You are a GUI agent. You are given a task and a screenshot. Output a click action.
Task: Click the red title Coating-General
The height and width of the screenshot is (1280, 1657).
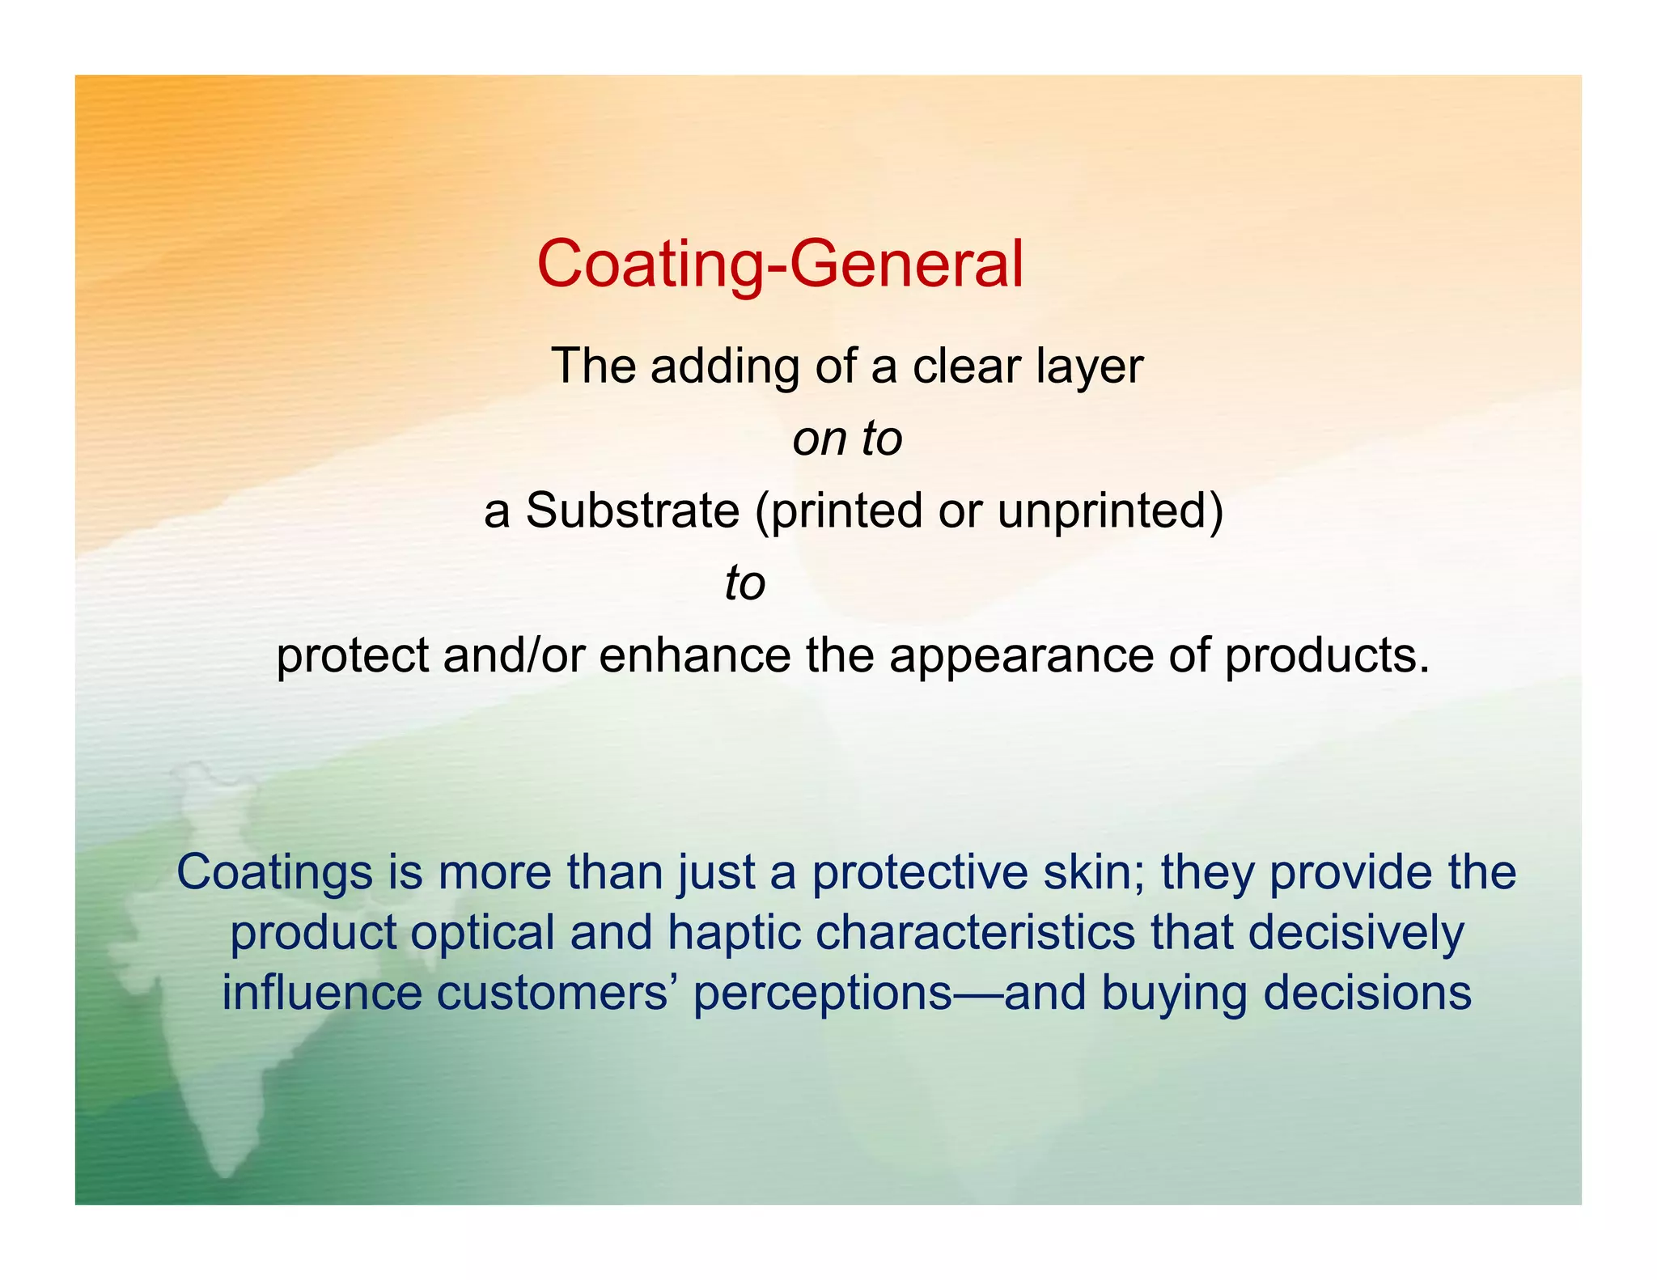tap(780, 264)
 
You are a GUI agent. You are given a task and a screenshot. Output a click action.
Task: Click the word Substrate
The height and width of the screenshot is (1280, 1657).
tap(632, 511)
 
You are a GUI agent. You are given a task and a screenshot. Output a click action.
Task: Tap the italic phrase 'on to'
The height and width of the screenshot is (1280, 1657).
tap(847, 439)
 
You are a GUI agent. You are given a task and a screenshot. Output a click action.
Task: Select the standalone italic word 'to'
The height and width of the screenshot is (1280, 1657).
tap(744, 583)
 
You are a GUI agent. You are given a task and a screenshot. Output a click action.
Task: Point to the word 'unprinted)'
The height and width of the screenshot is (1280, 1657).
tap(1110, 511)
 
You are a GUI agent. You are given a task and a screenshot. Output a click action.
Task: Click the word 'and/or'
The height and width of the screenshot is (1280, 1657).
tap(513, 655)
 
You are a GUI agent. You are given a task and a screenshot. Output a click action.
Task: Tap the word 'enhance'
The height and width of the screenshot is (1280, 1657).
tap(695, 655)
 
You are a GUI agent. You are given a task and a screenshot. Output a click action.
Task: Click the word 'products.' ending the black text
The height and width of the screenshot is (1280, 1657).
tap(1327, 656)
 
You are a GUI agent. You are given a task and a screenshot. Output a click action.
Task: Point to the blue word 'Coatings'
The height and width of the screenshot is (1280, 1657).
tap(274, 873)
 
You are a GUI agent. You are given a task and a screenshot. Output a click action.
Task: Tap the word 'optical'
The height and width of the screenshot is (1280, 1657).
tap(482, 934)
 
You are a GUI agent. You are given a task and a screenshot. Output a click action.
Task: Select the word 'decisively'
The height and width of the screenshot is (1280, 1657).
tap(1356, 934)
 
